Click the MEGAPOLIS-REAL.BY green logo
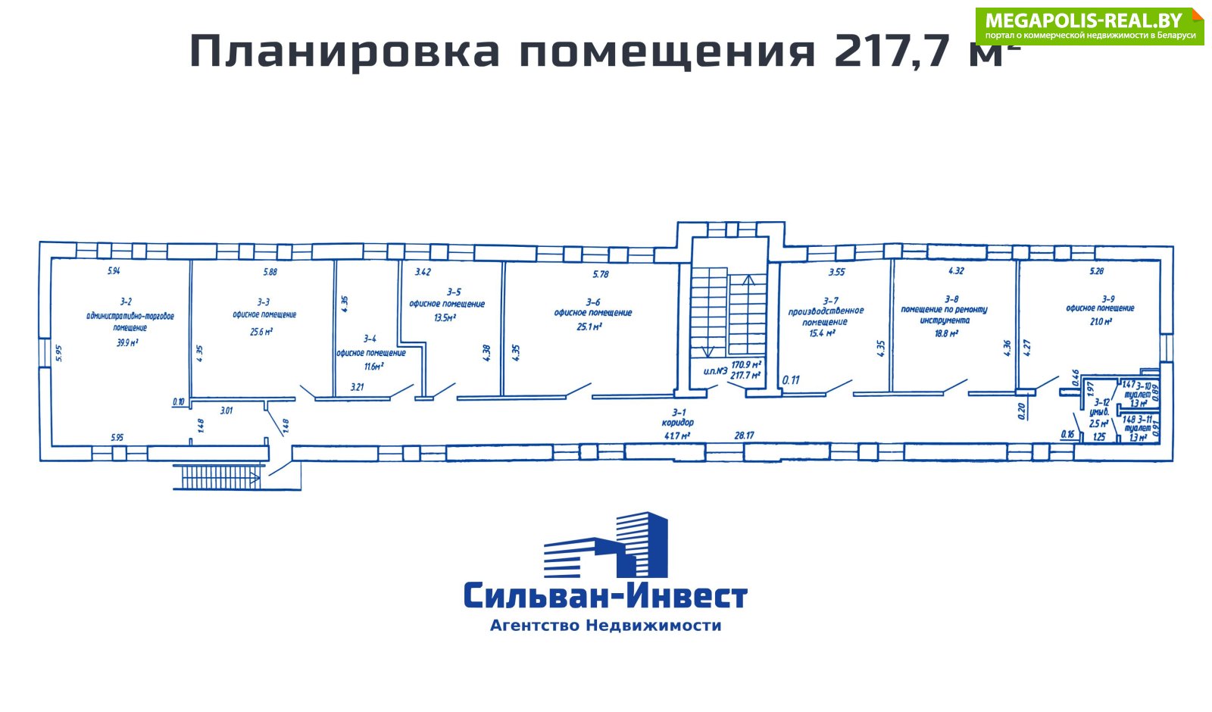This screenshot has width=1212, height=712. (x=1089, y=27)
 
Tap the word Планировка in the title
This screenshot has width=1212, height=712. (x=345, y=52)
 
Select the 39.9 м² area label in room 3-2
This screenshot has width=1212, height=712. (x=127, y=342)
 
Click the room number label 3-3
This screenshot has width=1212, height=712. (x=263, y=301)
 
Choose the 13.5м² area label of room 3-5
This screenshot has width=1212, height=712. (x=445, y=317)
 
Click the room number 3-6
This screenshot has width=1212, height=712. (x=593, y=301)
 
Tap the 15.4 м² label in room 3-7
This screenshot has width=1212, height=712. (x=821, y=333)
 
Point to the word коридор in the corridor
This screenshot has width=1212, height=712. (x=677, y=423)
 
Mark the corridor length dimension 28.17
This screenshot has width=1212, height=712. (x=744, y=435)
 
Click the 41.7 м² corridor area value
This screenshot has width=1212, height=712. (x=676, y=436)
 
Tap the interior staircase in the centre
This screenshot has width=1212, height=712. (x=728, y=311)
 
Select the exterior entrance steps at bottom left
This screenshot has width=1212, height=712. (x=220, y=477)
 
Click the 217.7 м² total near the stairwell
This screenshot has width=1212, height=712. (x=745, y=375)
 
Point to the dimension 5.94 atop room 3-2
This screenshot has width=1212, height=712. (x=114, y=270)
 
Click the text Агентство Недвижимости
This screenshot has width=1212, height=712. (x=605, y=626)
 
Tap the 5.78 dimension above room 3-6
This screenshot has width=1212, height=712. (x=600, y=273)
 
